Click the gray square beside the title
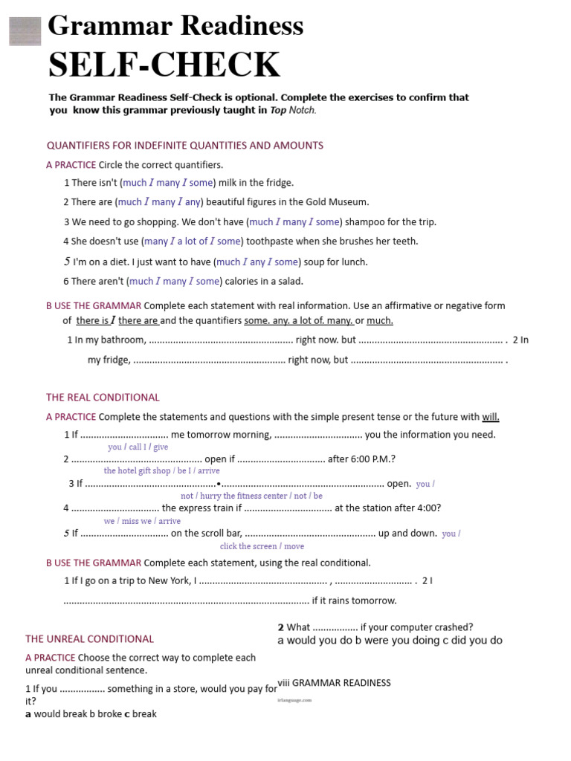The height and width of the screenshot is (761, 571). [25, 31]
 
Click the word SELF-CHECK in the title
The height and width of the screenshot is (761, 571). [164, 65]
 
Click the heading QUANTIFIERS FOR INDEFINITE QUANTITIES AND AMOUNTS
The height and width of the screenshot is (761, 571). [185, 145]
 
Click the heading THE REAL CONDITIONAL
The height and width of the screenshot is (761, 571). [103, 398]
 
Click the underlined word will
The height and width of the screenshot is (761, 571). [491, 417]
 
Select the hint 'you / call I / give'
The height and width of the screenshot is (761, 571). [138, 447]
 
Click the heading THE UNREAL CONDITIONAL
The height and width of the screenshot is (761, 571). [89, 639]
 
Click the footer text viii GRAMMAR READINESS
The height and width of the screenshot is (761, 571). [334, 683]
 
